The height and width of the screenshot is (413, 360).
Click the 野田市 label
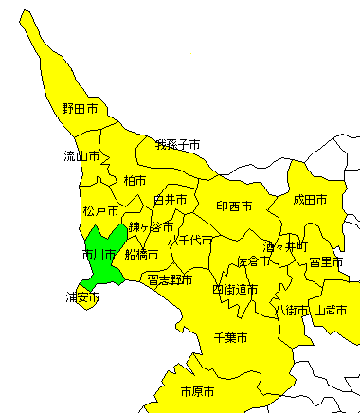click(80, 110)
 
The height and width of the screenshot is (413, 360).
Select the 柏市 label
click(135, 179)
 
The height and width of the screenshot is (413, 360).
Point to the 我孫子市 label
click(178, 145)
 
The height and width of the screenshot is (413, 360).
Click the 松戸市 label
click(100, 210)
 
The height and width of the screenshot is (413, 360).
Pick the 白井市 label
click(171, 200)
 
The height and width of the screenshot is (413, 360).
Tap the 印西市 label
click(234, 206)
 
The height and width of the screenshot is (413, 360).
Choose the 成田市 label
click(310, 200)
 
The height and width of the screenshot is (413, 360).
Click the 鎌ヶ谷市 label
click(152, 226)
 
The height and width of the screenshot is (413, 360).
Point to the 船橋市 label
click(140, 254)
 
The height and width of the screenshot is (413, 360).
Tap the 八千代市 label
click(190, 240)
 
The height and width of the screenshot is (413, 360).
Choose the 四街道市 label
click(235, 289)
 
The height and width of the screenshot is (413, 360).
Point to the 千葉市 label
click(230, 337)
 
